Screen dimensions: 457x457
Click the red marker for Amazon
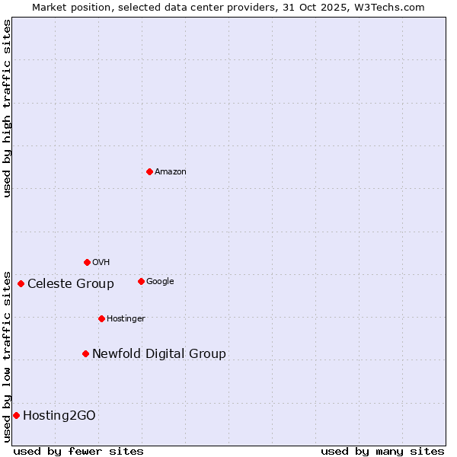tap(149, 171)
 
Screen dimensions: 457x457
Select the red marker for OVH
tap(87, 262)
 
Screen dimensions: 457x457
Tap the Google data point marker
tap(141, 281)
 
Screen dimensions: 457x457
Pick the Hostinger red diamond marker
tap(101, 318)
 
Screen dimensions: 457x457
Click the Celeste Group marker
tap(21, 283)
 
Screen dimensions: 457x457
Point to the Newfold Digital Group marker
tap(85, 353)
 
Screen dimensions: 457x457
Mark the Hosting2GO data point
tap(16, 415)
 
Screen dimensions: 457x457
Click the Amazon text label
tap(171, 172)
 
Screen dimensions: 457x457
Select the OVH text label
tap(101, 263)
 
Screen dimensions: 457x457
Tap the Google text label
tap(160, 282)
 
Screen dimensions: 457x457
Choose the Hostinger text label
tap(126, 319)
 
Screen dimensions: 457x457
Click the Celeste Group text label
tap(71, 284)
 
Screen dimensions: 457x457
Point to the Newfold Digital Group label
tap(159, 354)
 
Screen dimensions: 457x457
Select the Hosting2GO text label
tap(59, 416)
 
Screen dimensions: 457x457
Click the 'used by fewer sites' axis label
tap(78, 451)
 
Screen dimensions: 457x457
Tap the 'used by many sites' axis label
tap(382, 451)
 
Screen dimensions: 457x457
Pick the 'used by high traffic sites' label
tap(7, 108)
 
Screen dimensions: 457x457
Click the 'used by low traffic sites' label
tap(7, 356)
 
